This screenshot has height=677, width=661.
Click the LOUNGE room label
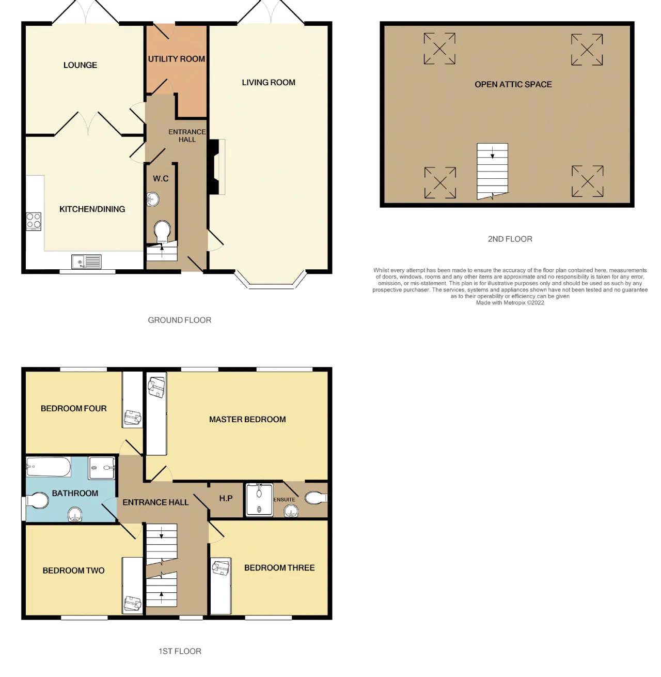click(80, 65)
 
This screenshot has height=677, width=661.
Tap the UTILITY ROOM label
click(176, 59)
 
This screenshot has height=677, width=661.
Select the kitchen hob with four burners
click(34, 221)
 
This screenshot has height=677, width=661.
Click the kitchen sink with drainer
click(87, 261)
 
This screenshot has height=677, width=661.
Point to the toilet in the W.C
click(162, 232)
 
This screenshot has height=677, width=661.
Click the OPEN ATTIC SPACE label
click(513, 84)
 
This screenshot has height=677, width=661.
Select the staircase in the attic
click(492, 171)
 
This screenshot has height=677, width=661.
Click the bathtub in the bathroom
click(49, 467)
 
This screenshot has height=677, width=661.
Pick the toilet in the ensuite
click(316, 498)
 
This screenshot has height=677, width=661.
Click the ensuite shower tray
click(259, 499)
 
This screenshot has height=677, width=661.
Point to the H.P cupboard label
click(226, 498)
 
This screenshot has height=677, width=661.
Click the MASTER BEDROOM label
click(247, 419)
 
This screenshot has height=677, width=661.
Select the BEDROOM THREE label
click(279, 567)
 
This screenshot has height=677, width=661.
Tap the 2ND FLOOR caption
click(510, 239)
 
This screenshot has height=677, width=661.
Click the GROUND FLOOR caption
click(179, 320)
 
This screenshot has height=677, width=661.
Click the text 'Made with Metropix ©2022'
click(510, 303)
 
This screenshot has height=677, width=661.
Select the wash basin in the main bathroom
click(75, 514)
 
